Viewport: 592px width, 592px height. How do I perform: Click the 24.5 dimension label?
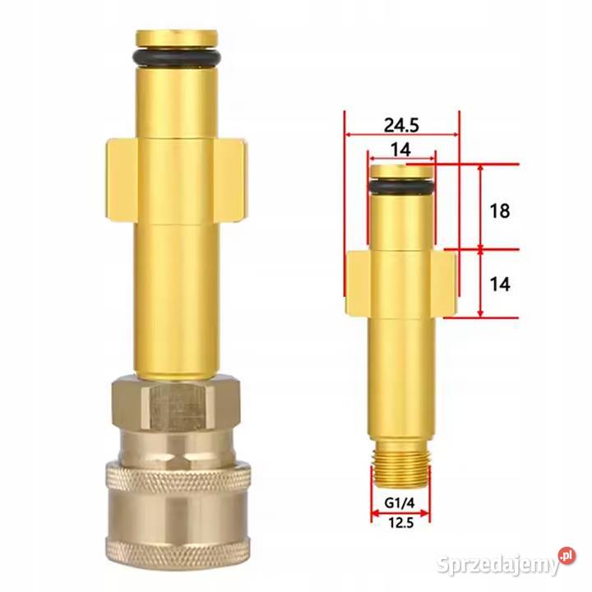(401, 125)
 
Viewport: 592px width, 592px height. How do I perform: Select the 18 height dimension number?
(498, 210)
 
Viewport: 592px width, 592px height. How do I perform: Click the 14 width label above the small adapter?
(401, 149)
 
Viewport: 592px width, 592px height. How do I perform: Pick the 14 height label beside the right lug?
(498, 284)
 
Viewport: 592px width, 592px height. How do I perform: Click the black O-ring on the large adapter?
(177, 56)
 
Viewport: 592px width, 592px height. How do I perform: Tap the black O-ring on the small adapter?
(401, 187)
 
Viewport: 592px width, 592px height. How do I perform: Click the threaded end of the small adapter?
(401, 476)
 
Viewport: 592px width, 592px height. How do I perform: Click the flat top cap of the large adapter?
(177, 38)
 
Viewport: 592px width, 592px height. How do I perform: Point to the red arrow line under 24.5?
(401, 136)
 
